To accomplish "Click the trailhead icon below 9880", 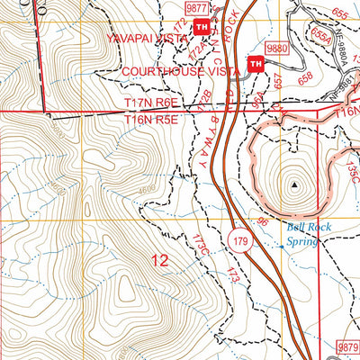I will pos(255,64).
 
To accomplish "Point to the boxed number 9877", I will pos(196,7).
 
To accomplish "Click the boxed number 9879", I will pos(346,346).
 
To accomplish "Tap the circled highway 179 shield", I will pos(239,240).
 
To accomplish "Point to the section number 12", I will pos(159,261).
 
